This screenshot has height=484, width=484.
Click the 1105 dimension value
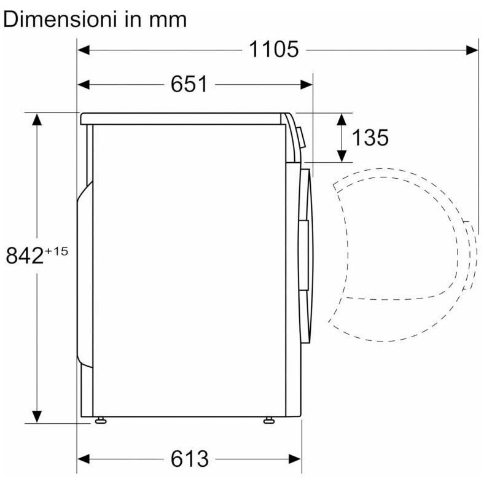pyautogui.click(x=274, y=49)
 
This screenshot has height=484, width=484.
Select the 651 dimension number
pyautogui.click(x=189, y=84)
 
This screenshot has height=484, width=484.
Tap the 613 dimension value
pyautogui.click(x=190, y=459)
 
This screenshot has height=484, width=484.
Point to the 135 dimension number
pyautogui.click(x=370, y=138)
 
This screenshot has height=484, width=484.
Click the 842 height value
pyautogui.click(x=25, y=256)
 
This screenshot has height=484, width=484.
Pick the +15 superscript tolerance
pyautogui.click(x=56, y=251)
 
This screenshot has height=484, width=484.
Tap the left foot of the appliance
pyautogui.click(x=101, y=420)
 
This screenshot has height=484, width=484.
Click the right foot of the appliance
pyautogui.click(x=269, y=420)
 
